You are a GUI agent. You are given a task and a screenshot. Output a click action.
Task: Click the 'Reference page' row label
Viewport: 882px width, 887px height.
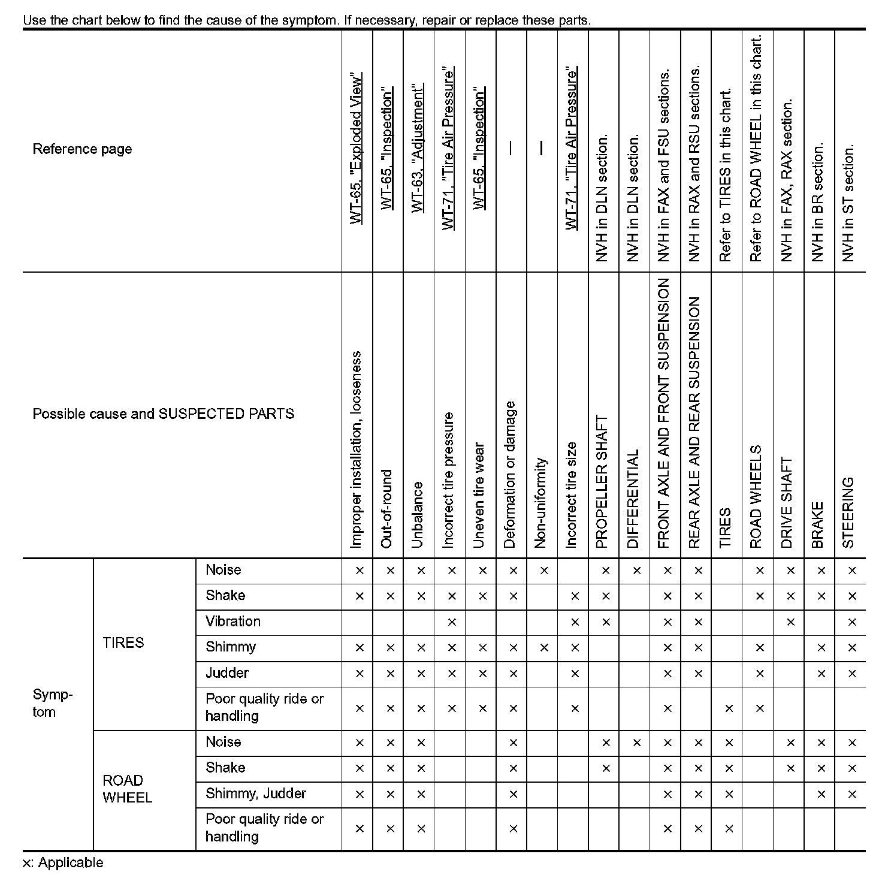click(x=82, y=149)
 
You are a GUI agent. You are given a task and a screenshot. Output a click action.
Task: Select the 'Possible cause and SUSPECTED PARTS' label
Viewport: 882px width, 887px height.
click(x=163, y=414)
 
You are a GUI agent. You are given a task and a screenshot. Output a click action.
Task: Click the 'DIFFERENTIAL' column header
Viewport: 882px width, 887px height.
click(x=634, y=499)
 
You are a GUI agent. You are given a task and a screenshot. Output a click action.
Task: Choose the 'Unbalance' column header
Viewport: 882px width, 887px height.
click(x=418, y=515)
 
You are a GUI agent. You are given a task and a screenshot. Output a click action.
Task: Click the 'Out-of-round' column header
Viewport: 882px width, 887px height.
click(x=387, y=509)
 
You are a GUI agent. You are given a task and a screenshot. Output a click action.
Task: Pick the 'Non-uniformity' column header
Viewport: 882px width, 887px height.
click(x=541, y=503)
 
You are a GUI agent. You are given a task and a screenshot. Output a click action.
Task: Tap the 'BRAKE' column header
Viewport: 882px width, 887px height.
click(x=817, y=525)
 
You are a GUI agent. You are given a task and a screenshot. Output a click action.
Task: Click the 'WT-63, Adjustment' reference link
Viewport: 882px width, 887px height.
click(x=418, y=148)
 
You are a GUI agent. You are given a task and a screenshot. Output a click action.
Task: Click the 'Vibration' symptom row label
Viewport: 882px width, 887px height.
click(x=233, y=621)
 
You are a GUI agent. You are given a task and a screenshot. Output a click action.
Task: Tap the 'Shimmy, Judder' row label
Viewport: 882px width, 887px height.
click(x=256, y=794)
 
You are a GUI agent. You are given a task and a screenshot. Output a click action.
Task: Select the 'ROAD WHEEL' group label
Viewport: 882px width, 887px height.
click(x=127, y=789)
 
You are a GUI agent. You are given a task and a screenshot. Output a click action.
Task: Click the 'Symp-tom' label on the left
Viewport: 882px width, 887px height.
click(x=53, y=704)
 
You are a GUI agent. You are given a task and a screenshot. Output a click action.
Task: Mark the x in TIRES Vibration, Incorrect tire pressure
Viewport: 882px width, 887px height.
click(x=452, y=622)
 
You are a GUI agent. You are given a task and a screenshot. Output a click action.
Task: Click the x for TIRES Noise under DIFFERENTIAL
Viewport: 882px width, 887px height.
click(x=636, y=571)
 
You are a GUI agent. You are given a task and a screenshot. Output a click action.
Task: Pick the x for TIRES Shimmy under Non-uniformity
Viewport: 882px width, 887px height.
click(x=544, y=648)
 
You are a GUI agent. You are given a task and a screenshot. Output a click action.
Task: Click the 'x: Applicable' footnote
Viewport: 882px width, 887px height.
click(x=63, y=863)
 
